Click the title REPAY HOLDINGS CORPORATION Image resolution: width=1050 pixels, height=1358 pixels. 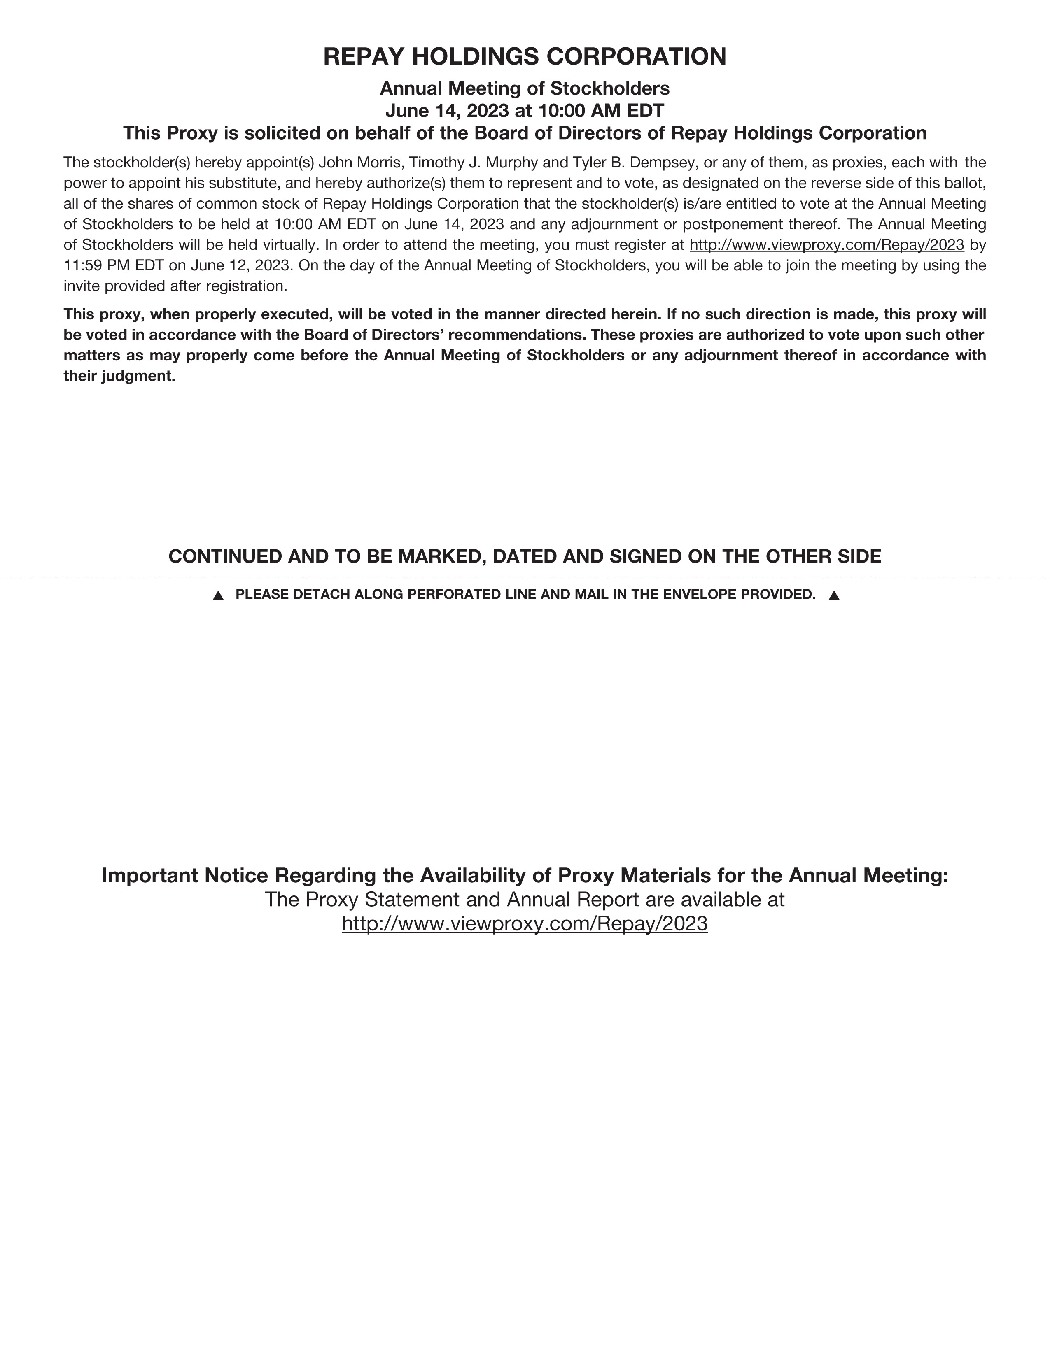[x=524, y=57]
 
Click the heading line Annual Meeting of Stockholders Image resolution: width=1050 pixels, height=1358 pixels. [x=524, y=88]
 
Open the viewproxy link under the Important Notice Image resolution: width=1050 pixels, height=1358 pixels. [x=524, y=923]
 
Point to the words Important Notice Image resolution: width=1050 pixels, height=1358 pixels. [x=185, y=875]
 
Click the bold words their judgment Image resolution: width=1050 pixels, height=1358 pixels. [x=119, y=376]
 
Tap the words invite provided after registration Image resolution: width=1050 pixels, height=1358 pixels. [x=175, y=286]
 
